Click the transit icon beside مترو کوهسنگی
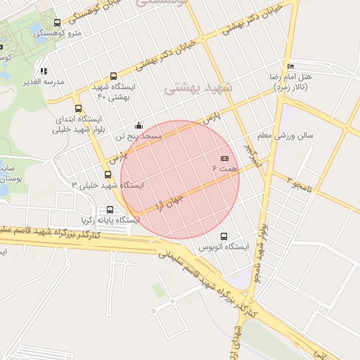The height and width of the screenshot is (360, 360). point(57,22)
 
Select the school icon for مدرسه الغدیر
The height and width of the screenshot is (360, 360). point(44,70)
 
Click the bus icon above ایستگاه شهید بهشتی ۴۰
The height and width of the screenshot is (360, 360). point(114,76)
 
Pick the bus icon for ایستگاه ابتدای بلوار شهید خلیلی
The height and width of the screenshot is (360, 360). point(77,109)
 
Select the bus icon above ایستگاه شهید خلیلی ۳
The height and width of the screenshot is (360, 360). point(108,174)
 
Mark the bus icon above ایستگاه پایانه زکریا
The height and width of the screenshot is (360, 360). point(110,210)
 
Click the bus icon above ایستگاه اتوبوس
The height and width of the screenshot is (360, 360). point(224,236)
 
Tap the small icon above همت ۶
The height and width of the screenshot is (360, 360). point(224,159)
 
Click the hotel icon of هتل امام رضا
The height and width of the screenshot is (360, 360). point(291,66)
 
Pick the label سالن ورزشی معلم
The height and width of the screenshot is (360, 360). point(286,134)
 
